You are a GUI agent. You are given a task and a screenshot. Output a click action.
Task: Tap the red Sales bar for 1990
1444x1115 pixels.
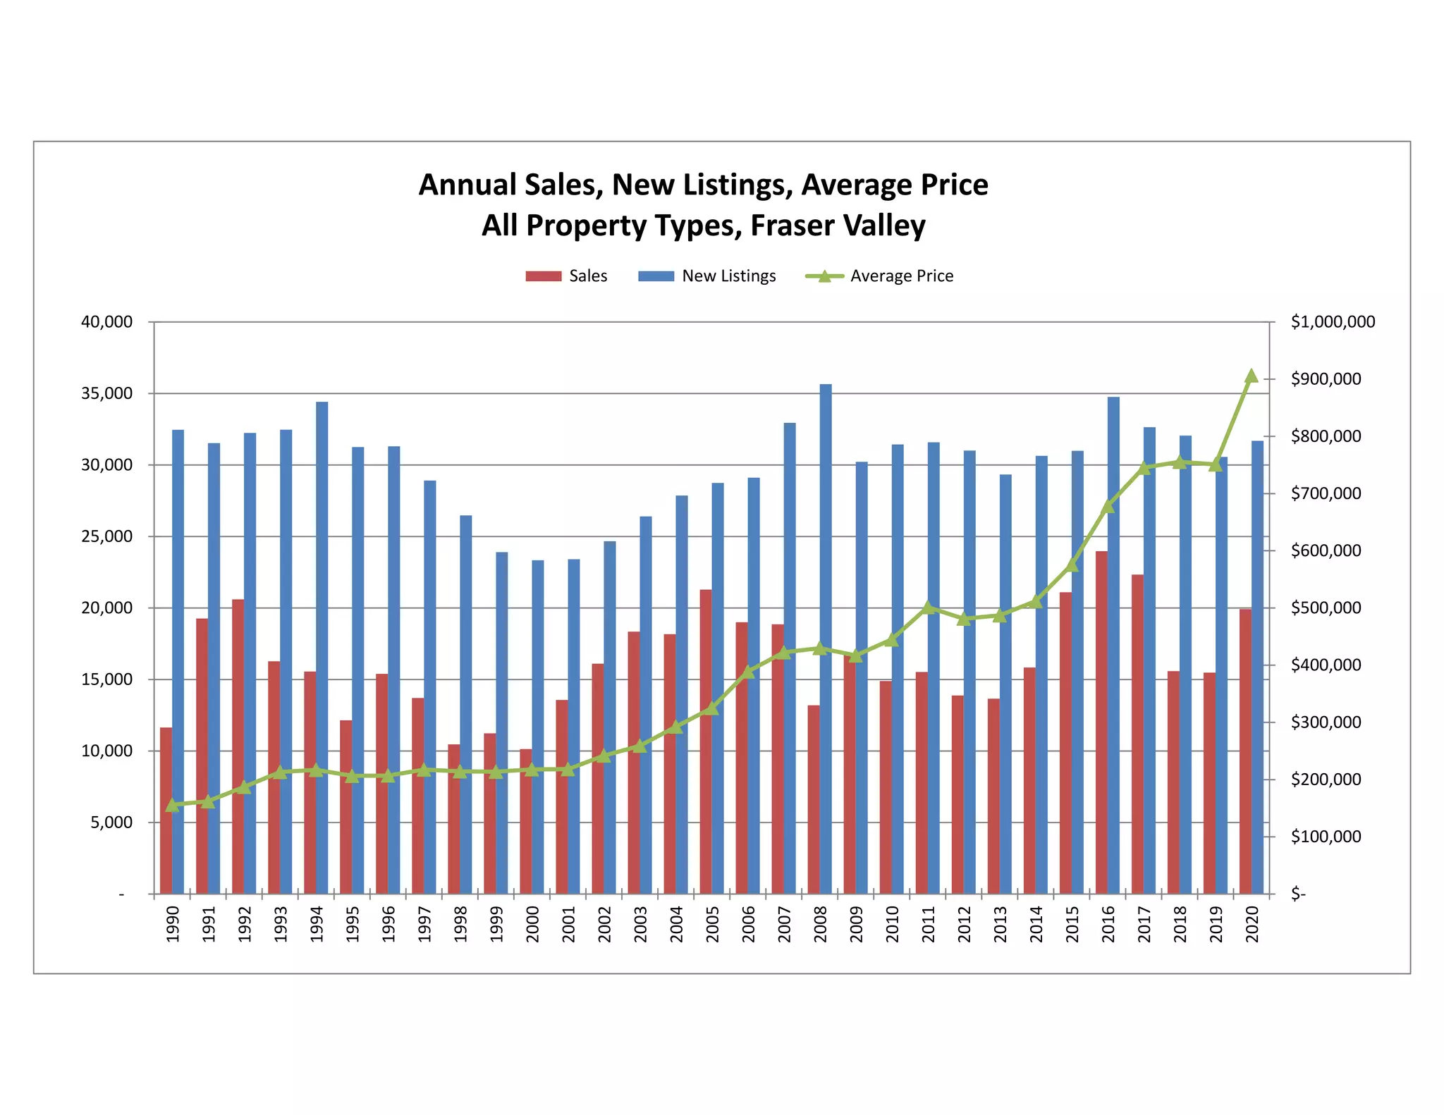[x=166, y=811]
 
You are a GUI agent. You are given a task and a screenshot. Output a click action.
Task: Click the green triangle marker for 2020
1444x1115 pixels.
[x=1252, y=376]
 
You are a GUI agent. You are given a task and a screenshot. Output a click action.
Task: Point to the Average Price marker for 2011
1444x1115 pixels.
[x=928, y=608]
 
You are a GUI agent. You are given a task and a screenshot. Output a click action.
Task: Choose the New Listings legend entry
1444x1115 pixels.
[x=706, y=276]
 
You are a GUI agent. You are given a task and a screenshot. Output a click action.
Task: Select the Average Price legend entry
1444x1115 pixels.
[x=879, y=276]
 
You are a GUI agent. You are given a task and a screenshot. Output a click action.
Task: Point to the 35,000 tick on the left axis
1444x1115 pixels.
[x=107, y=393]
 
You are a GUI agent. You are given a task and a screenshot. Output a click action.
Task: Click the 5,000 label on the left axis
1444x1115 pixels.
[x=111, y=823]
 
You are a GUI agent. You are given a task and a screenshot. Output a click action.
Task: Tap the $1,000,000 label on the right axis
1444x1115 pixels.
[x=1332, y=322]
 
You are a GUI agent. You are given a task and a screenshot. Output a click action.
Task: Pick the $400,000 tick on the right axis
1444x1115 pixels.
[x=1325, y=665]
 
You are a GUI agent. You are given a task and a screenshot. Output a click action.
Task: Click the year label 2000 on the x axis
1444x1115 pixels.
[x=533, y=924]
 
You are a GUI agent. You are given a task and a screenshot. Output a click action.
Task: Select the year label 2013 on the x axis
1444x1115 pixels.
[x=1001, y=924]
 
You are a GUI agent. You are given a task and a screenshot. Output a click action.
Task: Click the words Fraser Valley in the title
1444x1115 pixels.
[x=837, y=226]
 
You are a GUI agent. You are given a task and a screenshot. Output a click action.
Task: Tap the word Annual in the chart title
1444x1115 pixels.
[x=466, y=185]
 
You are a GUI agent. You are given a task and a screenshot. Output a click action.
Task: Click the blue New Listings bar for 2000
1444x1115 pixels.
[x=538, y=727]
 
